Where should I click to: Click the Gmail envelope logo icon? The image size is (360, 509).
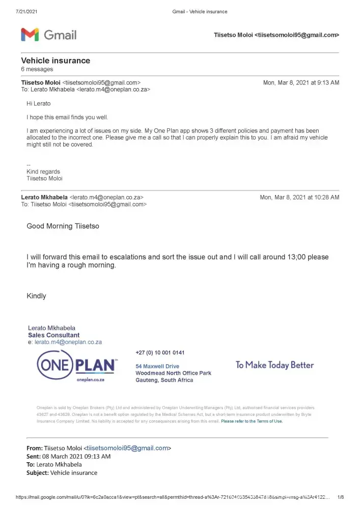pyautogui.click(x=30, y=35)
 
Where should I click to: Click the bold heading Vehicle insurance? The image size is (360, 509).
pyautogui.click(x=56, y=61)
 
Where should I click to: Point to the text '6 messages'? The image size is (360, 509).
pyautogui.click(x=37, y=69)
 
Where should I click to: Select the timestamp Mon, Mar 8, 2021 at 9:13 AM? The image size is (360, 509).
pyautogui.click(x=301, y=82)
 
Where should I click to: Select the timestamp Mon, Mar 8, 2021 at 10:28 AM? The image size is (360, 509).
pyautogui.click(x=299, y=197)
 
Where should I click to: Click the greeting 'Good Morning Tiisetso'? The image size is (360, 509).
pyautogui.click(x=63, y=226)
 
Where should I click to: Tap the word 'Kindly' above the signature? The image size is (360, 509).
pyautogui.click(x=36, y=296)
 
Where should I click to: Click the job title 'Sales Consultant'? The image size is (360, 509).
pyautogui.click(x=53, y=335)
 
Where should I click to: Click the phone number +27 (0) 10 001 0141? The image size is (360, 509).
pyautogui.click(x=160, y=353)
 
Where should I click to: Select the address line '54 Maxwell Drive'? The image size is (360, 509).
pyautogui.click(x=157, y=366)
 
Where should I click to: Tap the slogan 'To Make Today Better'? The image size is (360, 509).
pyautogui.click(x=274, y=365)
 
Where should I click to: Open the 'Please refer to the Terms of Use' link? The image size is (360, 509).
pyautogui.click(x=252, y=421)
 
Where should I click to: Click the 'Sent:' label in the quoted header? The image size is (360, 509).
pyautogui.click(x=34, y=457)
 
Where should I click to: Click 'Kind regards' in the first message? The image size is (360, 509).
pyautogui.click(x=43, y=172)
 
